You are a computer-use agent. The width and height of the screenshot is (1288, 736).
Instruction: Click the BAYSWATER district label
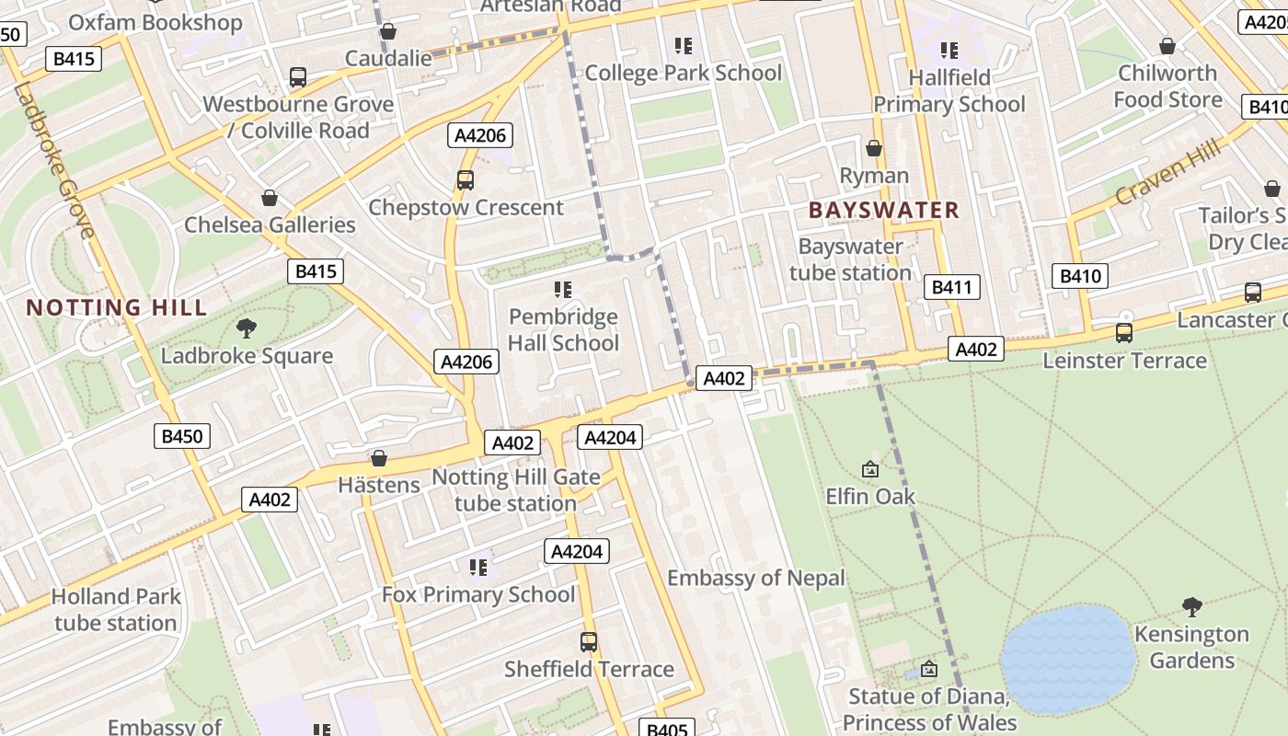[x=883, y=210]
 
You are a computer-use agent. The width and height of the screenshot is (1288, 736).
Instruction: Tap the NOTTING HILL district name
[x=116, y=307]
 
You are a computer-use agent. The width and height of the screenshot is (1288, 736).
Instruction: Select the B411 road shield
[x=951, y=287]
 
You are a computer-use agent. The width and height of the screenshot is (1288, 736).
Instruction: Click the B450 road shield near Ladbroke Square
[x=181, y=436]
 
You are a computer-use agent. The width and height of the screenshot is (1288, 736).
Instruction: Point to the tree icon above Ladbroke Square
[x=247, y=328]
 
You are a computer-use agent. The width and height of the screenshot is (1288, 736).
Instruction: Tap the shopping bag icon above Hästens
[x=378, y=458]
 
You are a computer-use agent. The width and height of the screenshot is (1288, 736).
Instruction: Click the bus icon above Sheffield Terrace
[x=589, y=642]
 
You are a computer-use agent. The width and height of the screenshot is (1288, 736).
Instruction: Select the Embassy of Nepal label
[x=755, y=578]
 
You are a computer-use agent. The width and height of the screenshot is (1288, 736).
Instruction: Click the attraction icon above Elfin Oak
[x=869, y=469]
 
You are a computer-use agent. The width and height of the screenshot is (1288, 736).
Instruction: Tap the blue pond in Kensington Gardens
[x=1067, y=658]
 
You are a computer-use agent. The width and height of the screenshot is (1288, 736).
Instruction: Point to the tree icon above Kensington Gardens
[x=1191, y=607]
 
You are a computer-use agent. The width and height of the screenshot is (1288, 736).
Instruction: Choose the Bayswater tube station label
[x=850, y=259]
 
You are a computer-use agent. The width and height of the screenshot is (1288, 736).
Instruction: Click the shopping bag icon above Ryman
[x=874, y=148]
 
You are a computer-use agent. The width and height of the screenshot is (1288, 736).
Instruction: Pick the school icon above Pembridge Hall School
[x=563, y=291]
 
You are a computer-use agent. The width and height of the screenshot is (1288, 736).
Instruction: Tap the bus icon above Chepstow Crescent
[x=466, y=180]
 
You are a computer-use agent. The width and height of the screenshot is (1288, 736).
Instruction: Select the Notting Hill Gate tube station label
[x=515, y=490]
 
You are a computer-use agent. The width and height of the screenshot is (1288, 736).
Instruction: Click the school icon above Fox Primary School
[x=478, y=567]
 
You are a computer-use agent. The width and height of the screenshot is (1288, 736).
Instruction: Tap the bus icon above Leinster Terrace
[x=1124, y=333]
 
